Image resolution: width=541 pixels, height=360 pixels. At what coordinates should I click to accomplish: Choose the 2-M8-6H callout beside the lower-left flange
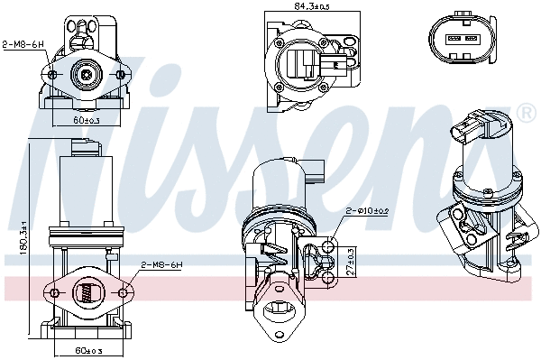click(x=161, y=264)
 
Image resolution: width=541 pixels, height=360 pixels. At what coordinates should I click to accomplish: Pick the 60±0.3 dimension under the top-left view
click(x=87, y=118)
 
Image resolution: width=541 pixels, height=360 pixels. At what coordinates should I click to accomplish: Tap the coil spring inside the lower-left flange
click(x=87, y=292)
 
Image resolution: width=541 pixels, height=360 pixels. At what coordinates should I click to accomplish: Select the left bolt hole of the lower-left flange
click(x=53, y=292)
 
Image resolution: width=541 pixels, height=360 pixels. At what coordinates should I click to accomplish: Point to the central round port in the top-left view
click(x=87, y=74)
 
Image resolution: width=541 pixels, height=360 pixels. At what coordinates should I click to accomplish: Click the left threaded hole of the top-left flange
click(x=53, y=74)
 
